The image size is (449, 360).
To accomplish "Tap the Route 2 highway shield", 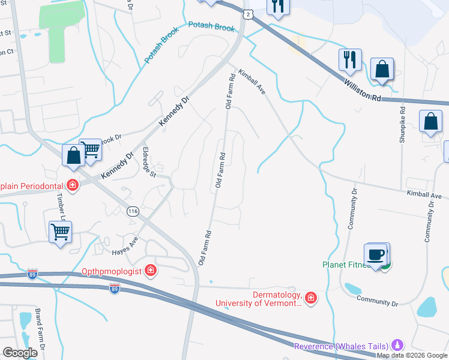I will click(247, 13).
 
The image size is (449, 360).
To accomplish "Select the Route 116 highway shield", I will click(133, 211).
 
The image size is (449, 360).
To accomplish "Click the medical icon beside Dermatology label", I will click(310, 297).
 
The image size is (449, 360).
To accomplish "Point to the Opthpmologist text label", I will click(112, 271).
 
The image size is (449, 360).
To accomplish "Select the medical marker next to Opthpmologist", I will click(150, 271).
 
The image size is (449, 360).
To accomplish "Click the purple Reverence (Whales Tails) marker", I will click(396, 345).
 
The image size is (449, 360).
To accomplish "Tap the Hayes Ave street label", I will click(125, 245).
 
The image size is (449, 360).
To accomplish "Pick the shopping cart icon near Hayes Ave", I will click(60, 230).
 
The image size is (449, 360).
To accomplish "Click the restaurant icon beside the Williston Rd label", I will click(349, 59).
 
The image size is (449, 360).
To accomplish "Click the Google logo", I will click(19, 352).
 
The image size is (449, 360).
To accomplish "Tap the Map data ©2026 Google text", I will click(412, 355).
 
